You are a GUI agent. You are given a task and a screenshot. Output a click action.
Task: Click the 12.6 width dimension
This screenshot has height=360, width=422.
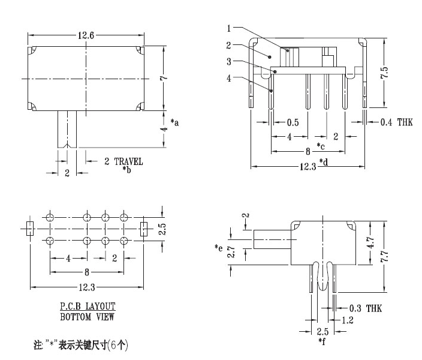84,35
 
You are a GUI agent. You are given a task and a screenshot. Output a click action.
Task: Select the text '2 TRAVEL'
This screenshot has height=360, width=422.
123,161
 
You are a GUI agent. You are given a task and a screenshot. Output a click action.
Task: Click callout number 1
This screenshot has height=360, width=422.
230,28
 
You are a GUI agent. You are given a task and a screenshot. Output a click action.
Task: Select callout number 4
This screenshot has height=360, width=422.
230,77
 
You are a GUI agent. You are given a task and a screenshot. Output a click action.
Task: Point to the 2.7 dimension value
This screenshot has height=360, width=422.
230,254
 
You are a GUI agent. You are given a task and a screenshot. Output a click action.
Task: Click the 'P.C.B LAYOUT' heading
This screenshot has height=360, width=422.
88,306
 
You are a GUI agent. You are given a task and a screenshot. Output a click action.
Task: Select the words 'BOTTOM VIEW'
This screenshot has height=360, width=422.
88,316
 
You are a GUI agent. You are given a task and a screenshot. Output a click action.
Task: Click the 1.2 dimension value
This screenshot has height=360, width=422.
346,320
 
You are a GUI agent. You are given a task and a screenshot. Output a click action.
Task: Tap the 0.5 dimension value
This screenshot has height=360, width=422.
293,122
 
